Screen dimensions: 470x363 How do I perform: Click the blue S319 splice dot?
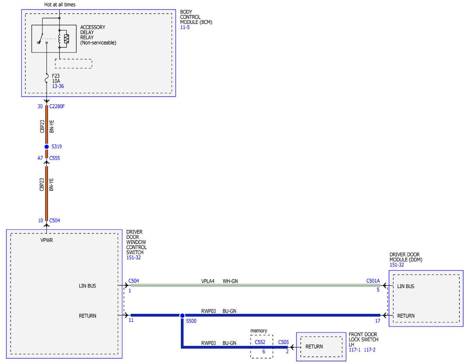coord(47,147)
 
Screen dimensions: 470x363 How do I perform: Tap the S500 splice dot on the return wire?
coord(183,316)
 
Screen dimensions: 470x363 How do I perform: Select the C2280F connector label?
coord(57,107)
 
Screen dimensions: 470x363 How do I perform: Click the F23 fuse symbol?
coord(47,78)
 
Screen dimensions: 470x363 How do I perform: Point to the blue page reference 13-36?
coord(58,86)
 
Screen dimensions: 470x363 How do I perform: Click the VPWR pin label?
coord(47,240)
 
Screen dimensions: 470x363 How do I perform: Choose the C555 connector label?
coord(54,158)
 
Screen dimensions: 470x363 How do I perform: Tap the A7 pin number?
coord(40,158)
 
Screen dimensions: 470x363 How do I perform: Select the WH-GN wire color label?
coord(230,281)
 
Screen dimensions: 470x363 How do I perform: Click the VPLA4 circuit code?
coord(208,281)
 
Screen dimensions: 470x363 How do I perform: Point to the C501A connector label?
coord(373,281)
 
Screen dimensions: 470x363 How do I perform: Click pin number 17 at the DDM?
coord(378,321)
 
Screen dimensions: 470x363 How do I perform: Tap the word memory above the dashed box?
coord(258,330)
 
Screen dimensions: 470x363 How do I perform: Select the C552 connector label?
coord(260,342)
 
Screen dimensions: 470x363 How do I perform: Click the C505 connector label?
coord(283,342)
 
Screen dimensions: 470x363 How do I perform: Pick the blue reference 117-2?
coord(369,350)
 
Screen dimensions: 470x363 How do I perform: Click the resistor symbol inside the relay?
coord(67,39)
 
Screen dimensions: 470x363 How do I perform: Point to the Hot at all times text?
coord(60,5)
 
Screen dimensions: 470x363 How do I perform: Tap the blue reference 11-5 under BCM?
coord(185,27)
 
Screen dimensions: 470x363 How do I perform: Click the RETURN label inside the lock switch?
coord(314,347)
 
